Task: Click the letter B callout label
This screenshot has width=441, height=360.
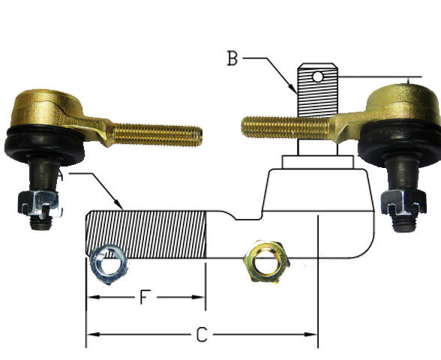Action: pos(232,58)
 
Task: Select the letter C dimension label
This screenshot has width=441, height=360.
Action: pos(201,335)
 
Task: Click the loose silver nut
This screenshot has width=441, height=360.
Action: pos(107,264)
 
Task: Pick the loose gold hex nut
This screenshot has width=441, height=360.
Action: pos(265,261)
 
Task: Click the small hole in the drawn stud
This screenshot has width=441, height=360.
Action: pos(318,76)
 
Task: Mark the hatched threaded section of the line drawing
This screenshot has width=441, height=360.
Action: pos(146,234)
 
